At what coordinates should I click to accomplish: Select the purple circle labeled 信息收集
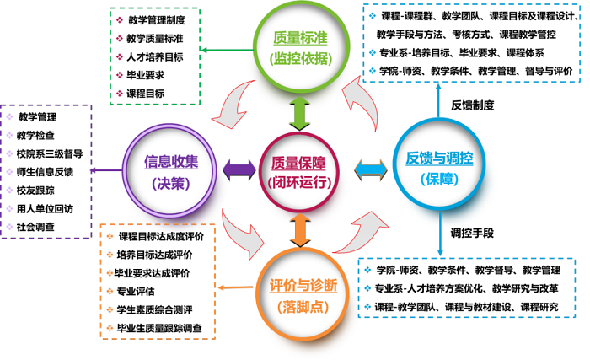pos(172,171)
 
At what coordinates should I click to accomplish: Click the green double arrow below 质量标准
pos(294,111)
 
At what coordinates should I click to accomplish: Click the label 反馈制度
pos(472,105)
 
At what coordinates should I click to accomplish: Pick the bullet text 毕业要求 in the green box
pos(144,75)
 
